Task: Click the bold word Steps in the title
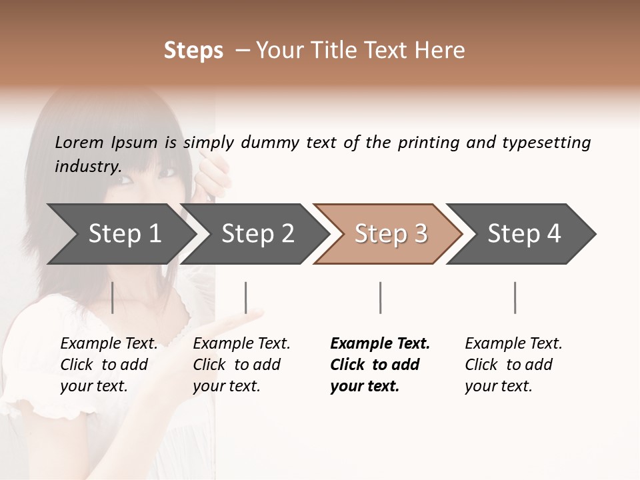[x=193, y=51]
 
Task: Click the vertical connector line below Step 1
[x=113, y=297]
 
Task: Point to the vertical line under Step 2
[x=246, y=297]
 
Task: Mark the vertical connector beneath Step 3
[x=380, y=297]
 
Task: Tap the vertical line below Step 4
[x=515, y=297]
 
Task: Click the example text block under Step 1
[x=109, y=365]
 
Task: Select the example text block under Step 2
[x=241, y=365]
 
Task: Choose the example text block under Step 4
[x=513, y=365]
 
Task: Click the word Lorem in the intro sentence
[x=79, y=142]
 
